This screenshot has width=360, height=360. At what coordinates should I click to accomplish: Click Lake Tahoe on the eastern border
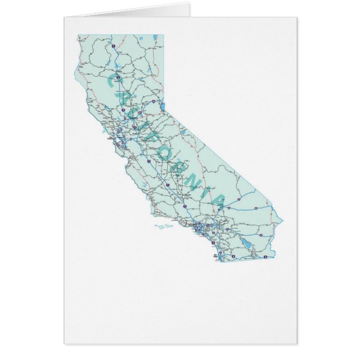click(163, 106)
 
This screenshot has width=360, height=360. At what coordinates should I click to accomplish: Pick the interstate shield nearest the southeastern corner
click(265, 257)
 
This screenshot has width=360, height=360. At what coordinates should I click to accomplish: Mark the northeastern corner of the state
click(164, 35)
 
